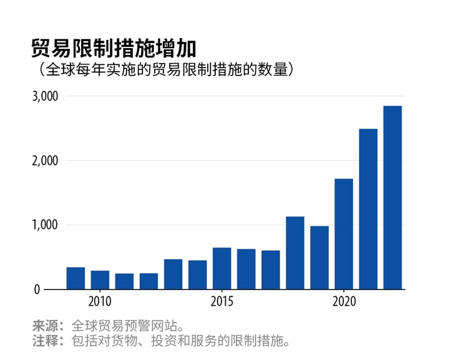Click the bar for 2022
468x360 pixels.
(392, 198)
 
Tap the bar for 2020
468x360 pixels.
(344, 234)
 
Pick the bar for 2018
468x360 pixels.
(295, 253)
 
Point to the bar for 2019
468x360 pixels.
(319, 258)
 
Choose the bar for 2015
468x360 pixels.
(222, 268)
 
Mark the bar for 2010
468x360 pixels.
(100, 280)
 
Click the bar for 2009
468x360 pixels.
(76, 278)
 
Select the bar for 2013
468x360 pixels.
(173, 274)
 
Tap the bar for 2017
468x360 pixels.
(271, 270)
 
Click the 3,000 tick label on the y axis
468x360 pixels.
(45, 96)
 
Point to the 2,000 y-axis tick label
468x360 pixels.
(45, 160)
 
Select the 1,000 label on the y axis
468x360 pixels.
(45, 225)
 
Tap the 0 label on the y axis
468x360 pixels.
(54, 289)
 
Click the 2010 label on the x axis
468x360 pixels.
(100, 301)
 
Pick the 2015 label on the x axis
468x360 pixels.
(222, 301)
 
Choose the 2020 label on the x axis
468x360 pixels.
(344, 301)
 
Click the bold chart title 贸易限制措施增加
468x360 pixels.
(114, 48)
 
